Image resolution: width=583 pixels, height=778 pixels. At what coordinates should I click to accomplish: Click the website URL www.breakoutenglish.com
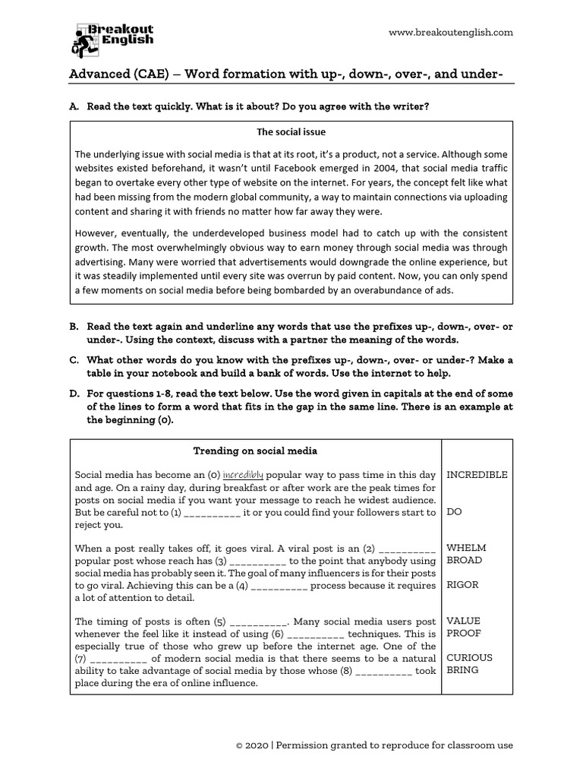pos(450,32)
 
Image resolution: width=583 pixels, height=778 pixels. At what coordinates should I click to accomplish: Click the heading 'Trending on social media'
pos(255,451)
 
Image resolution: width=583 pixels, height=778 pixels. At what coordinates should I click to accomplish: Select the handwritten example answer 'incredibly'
pos(242,475)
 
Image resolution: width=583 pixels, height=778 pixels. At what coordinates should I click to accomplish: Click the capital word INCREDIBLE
pos(477,475)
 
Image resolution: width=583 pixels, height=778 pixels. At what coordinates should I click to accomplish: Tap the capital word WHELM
pos(466,548)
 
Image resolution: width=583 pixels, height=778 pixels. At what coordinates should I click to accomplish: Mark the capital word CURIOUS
pos(469,658)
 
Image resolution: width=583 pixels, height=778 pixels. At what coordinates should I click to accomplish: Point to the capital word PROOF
pos(464,633)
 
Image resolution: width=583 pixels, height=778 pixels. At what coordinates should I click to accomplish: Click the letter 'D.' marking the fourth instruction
pos(74,394)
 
